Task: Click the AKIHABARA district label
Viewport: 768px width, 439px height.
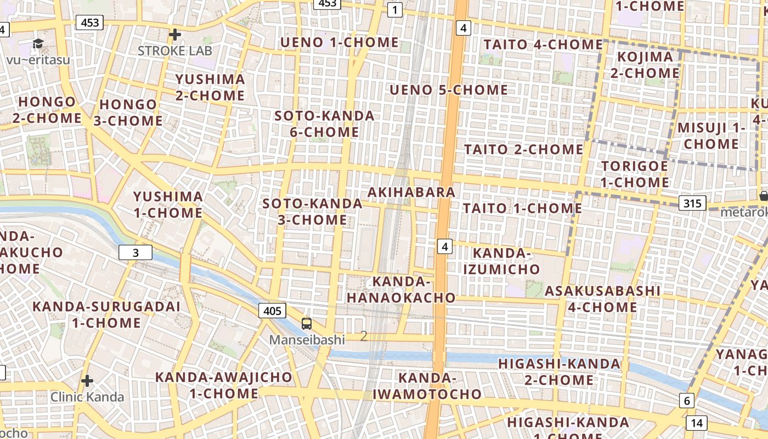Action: click(x=411, y=192)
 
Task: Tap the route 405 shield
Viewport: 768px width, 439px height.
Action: click(x=272, y=311)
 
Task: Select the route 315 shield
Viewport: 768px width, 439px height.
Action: click(x=692, y=204)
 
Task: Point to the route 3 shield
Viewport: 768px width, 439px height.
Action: click(x=135, y=252)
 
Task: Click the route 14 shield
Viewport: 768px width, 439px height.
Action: click(x=696, y=423)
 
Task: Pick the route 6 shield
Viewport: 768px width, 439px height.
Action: click(x=686, y=401)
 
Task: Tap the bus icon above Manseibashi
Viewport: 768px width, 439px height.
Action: click(x=307, y=324)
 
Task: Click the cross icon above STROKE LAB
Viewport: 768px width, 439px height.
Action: click(x=175, y=35)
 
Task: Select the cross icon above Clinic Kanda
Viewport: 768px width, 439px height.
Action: click(x=87, y=381)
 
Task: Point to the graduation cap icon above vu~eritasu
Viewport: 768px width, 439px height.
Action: click(x=38, y=44)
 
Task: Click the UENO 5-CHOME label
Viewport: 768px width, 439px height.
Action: click(x=449, y=89)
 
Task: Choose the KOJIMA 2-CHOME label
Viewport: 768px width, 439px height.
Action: click(x=645, y=65)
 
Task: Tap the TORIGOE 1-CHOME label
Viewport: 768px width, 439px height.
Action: click(x=634, y=174)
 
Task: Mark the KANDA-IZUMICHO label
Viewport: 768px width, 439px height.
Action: click(x=501, y=261)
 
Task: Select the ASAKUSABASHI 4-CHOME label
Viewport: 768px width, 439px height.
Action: click(x=602, y=299)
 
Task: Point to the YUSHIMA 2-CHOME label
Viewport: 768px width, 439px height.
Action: click(x=210, y=87)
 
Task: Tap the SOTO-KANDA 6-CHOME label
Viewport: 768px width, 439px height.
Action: click(x=324, y=124)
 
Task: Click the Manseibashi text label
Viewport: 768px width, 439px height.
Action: click(x=307, y=340)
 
